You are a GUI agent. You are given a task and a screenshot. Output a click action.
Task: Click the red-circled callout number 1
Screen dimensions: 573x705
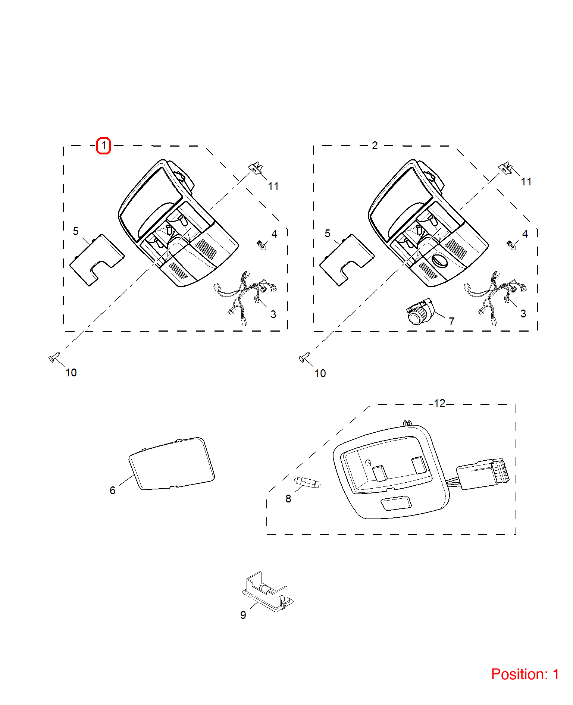coord(104,145)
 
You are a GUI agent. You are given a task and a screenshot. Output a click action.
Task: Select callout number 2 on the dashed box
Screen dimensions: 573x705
coord(375,145)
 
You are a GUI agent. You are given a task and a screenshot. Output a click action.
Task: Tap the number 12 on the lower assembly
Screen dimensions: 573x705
coord(440,403)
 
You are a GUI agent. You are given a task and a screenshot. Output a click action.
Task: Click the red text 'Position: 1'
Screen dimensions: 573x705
coord(525,674)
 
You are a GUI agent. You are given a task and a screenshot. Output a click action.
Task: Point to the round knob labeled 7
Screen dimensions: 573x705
coord(420,311)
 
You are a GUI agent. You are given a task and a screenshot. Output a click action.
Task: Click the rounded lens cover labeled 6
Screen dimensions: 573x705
coord(172,464)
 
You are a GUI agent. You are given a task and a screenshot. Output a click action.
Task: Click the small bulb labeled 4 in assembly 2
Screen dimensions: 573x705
coord(512,245)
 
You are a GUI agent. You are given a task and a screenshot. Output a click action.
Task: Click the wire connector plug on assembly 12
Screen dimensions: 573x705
coord(483,474)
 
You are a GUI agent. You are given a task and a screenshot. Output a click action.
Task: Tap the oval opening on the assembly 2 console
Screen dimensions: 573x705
coord(439,261)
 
